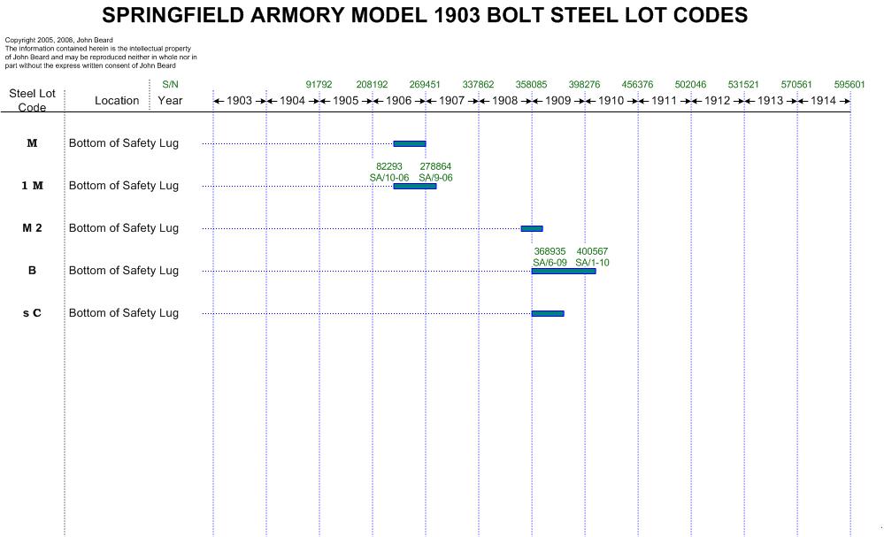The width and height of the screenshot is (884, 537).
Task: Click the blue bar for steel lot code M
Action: click(409, 143)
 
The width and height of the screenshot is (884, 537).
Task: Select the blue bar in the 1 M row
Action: click(414, 186)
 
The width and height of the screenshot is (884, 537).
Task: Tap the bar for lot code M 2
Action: click(531, 228)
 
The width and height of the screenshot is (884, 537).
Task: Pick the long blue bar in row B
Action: click(563, 271)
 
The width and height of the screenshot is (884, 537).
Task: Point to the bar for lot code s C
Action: click(547, 313)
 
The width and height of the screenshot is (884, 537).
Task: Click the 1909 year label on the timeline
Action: click(557, 101)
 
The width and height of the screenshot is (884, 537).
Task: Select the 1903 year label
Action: click(240, 101)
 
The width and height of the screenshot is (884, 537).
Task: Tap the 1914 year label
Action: click(823, 101)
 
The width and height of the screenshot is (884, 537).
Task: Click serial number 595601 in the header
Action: click(849, 85)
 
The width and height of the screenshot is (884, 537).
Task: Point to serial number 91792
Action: click(319, 85)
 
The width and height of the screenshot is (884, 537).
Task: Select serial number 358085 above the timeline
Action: click(531, 85)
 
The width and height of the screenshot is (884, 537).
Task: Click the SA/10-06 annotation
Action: click(389, 178)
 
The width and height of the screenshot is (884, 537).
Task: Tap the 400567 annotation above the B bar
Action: click(592, 251)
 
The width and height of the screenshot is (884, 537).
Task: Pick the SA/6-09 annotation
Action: click(550, 263)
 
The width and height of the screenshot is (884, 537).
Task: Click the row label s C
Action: click(32, 313)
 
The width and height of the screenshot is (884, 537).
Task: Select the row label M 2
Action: click(32, 228)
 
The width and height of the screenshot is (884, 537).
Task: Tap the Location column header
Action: click(117, 101)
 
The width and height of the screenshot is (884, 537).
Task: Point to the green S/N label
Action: click(170, 85)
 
